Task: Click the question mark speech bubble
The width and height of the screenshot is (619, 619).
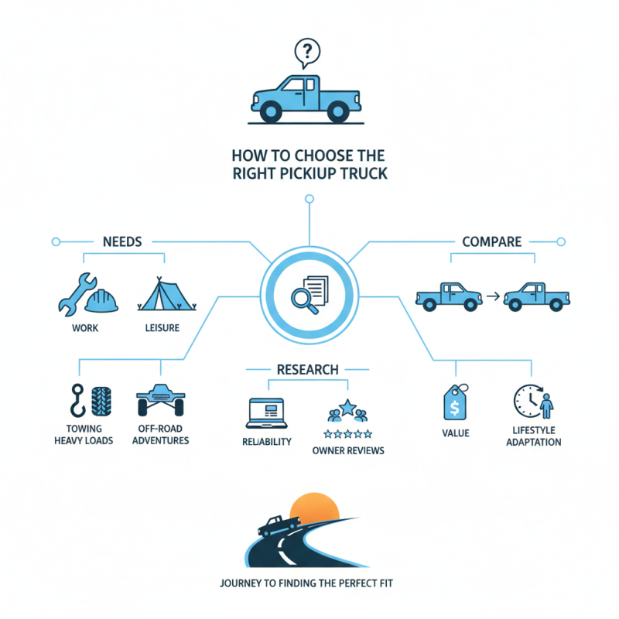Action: [x=308, y=53]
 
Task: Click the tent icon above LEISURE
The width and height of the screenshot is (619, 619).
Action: [x=161, y=296]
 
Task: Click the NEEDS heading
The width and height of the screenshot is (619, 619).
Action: [x=122, y=241]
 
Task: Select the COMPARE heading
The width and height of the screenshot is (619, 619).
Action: [x=493, y=241]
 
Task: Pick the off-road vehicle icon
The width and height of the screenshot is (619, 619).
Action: [x=161, y=400]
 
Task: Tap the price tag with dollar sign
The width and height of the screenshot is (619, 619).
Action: [x=454, y=402]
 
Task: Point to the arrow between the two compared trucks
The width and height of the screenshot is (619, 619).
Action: [x=491, y=296]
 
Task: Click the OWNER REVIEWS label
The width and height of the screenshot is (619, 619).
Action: [x=347, y=450]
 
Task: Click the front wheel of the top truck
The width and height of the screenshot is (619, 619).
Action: [x=270, y=113]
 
